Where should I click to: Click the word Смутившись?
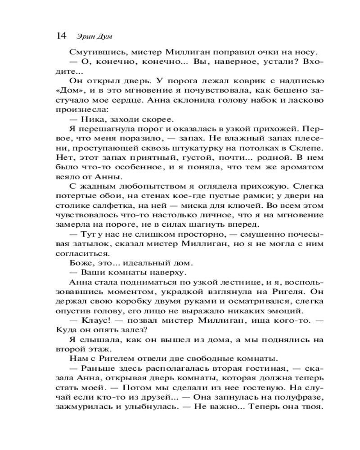[92, 51]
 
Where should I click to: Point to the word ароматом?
[304, 167]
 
